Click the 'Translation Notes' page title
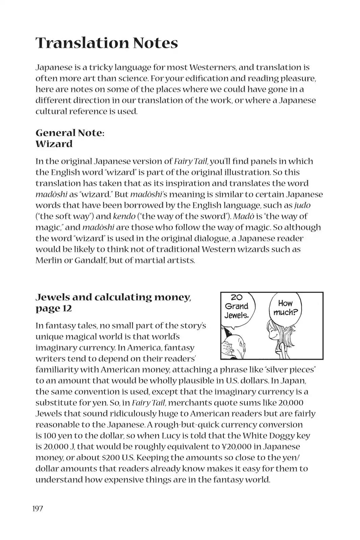tap(107, 43)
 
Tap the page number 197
tap(38, 508)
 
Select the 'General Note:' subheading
tap(70, 133)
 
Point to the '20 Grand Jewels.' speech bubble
tap(237, 306)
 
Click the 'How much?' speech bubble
tap(285, 307)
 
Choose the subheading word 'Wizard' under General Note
tap(54, 144)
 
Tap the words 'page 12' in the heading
tap(54, 308)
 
